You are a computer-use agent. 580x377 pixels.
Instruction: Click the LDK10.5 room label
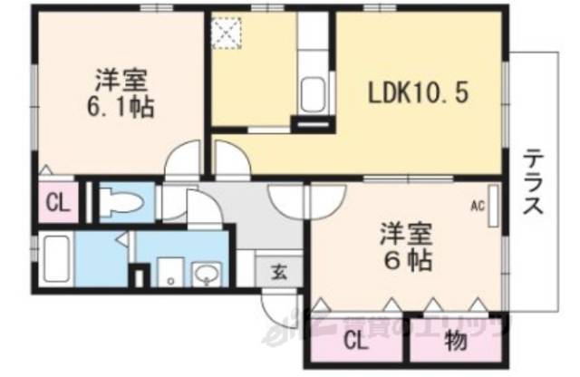(417, 93)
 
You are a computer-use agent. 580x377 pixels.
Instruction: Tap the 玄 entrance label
(278, 269)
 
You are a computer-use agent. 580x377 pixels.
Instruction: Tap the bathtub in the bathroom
(56, 258)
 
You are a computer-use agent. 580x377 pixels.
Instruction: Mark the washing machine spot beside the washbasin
(169, 270)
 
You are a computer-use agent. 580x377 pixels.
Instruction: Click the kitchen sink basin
(313, 93)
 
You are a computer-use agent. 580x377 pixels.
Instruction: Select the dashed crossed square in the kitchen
(222, 34)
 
